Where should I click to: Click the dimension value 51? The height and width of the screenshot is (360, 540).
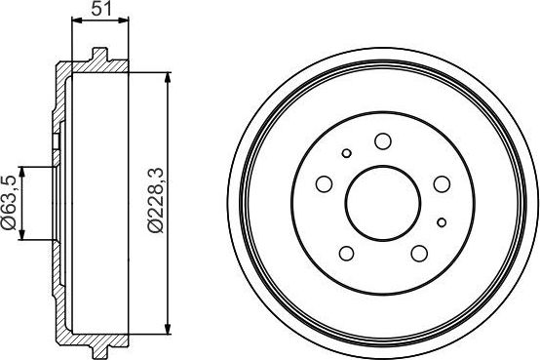[x=98, y=10]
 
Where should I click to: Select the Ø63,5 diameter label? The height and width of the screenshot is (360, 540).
[x=9, y=203]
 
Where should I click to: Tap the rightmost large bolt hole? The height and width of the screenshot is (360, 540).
[x=441, y=183]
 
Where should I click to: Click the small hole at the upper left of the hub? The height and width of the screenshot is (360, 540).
[x=346, y=153]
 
